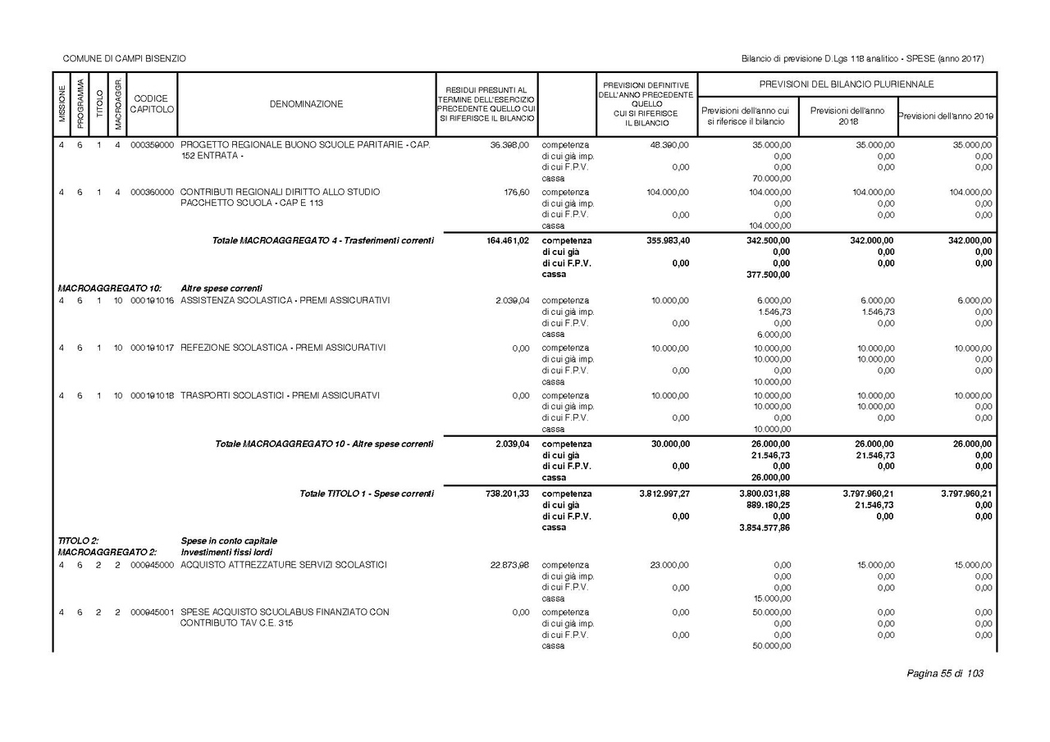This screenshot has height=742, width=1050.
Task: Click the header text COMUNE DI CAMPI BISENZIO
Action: tap(124, 58)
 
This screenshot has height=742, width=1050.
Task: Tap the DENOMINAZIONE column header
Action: tap(306, 104)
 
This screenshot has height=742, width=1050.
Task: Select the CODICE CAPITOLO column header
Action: tap(152, 104)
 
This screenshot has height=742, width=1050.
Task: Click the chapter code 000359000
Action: tap(152, 144)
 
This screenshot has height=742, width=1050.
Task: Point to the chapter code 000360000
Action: tap(152, 192)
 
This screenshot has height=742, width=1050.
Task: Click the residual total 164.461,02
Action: tap(501, 241)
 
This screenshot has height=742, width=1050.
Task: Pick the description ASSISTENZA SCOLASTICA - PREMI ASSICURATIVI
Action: tap(285, 300)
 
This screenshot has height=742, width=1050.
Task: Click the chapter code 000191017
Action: tap(152, 348)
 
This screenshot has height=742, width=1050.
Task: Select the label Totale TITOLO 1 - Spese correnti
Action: tap(366, 494)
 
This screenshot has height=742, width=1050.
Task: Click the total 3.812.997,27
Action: tap(664, 494)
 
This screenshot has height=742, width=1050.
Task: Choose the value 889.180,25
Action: tap(768, 505)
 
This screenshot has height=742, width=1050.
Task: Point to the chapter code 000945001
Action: tap(152, 612)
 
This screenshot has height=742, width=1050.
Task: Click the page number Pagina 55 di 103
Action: tap(944, 673)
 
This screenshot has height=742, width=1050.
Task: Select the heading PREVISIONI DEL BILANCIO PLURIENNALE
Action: tap(847, 84)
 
